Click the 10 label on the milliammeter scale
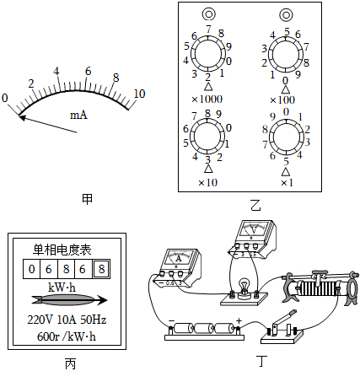[139, 94]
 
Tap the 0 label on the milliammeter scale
[5, 98]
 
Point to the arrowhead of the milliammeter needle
[22, 117]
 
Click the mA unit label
[78, 115]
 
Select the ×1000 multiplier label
[207, 99]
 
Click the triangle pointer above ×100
[286, 89]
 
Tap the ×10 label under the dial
[208, 183]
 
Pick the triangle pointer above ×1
[286, 171]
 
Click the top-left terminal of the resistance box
[209, 14]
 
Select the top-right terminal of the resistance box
[286, 14]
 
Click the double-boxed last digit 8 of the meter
[101, 269]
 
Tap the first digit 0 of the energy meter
[32, 269]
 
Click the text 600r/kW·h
[67, 336]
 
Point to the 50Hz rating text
[94, 320]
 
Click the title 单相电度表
[62, 250]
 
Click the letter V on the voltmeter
[254, 230]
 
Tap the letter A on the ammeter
[179, 258]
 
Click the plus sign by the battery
[239, 320]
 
